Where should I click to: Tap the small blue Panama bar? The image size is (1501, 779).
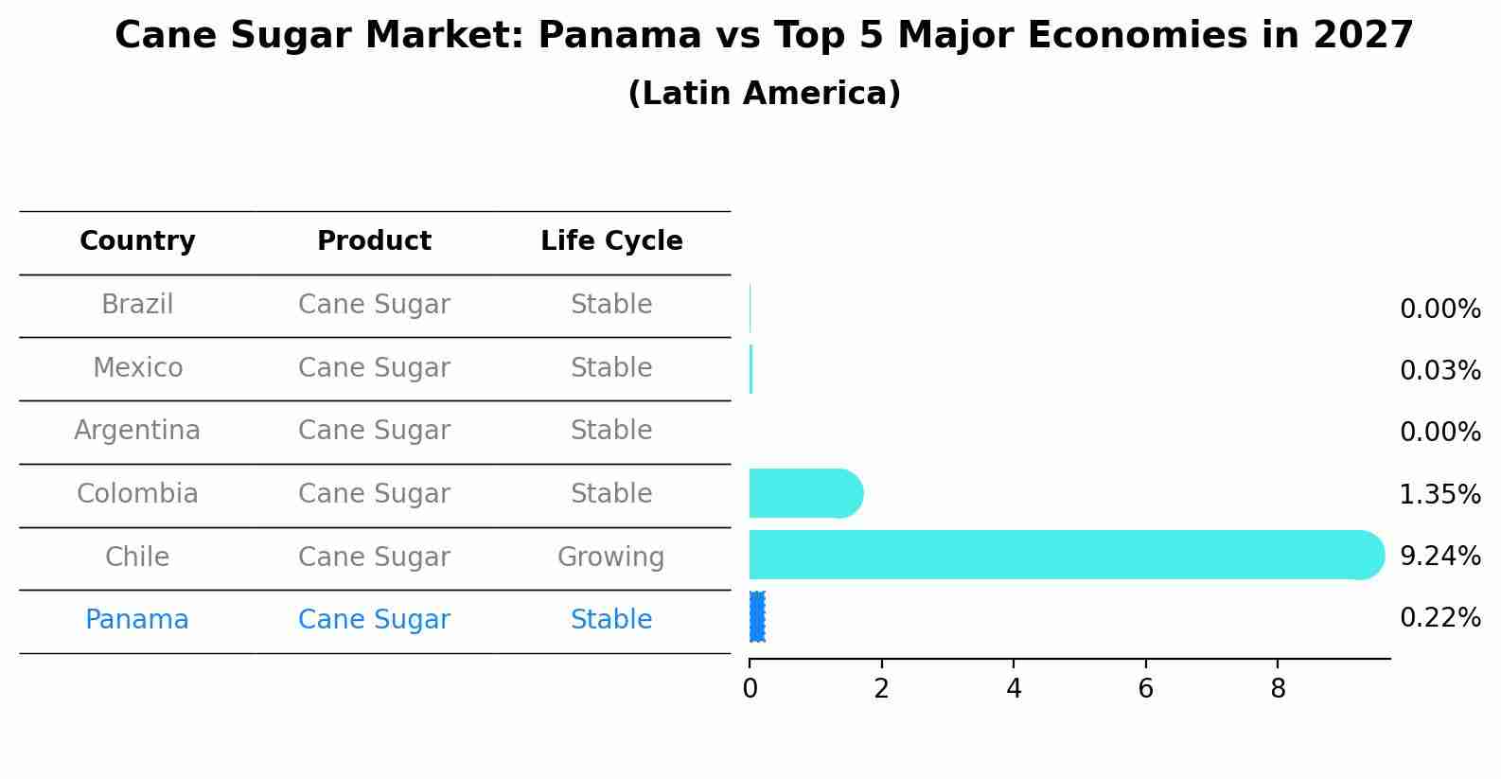click(x=757, y=617)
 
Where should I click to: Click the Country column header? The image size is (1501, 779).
click(x=137, y=241)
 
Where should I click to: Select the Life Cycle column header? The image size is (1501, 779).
click(x=611, y=241)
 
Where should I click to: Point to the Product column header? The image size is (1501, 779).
click(x=374, y=241)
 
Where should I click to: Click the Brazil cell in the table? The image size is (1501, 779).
click(x=137, y=305)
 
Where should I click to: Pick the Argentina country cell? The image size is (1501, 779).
click(x=137, y=431)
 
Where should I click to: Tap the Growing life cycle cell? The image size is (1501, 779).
click(x=610, y=557)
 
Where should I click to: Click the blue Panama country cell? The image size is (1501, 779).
click(x=137, y=620)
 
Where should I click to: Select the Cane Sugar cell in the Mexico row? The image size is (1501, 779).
click(x=374, y=367)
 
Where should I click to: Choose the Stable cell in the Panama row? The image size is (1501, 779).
click(x=610, y=620)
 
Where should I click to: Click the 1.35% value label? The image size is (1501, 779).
click(x=1439, y=494)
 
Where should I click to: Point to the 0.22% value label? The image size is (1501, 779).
click(x=1439, y=618)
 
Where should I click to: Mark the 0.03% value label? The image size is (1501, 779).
click(x=1439, y=371)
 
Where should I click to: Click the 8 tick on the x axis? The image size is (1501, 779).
click(x=1278, y=689)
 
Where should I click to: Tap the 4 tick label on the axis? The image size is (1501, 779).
click(x=1014, y=689)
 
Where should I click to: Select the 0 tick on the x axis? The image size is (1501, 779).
click(x=750, y=689)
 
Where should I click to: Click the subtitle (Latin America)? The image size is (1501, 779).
click(x=764, y=94)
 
